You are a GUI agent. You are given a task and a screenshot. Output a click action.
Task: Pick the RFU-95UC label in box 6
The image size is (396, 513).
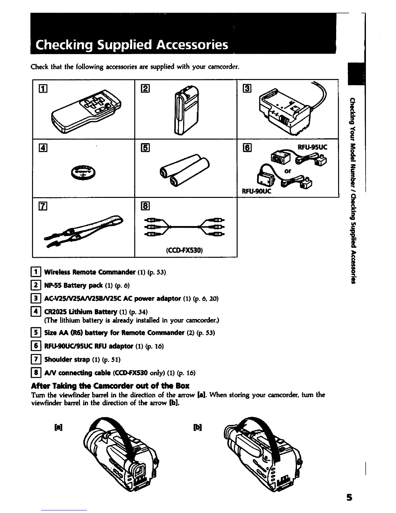pos(312,147)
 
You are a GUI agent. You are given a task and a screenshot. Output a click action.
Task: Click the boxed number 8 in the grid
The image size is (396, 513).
pos(144,206)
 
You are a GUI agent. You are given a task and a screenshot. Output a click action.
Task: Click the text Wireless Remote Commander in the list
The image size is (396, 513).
pos(90,271)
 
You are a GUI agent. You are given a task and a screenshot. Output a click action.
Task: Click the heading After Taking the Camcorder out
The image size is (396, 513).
pos(110,386)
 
